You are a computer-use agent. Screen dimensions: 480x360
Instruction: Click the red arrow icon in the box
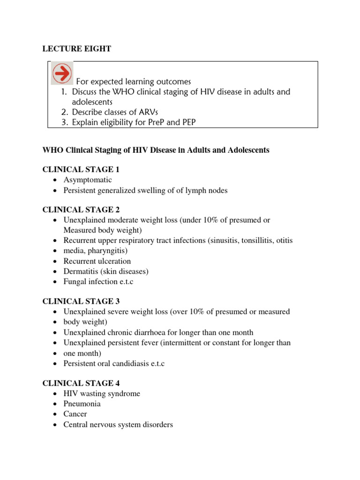click(x=62, y=74)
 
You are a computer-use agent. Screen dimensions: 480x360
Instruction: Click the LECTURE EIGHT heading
click(x=77, y=49)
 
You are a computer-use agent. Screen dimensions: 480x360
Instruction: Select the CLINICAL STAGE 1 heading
click(x=78, y=169)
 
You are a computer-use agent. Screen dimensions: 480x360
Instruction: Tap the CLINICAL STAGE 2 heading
click(x=78, y=210)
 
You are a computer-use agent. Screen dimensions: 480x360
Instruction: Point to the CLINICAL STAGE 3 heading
click(x=78, y=301)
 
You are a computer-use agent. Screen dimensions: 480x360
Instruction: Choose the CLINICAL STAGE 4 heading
click(x=78, y=383)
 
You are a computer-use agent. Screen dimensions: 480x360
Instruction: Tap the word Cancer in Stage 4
click(x=75, y=414)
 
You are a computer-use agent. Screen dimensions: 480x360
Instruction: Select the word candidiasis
click(x=133, y=363)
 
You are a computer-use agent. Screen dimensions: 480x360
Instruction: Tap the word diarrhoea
click(x=153, y=332)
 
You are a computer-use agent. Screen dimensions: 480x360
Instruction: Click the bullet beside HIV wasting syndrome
click(x=56, y=394)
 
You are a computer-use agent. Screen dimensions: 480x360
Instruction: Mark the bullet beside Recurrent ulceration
click(x=56, y=261)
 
